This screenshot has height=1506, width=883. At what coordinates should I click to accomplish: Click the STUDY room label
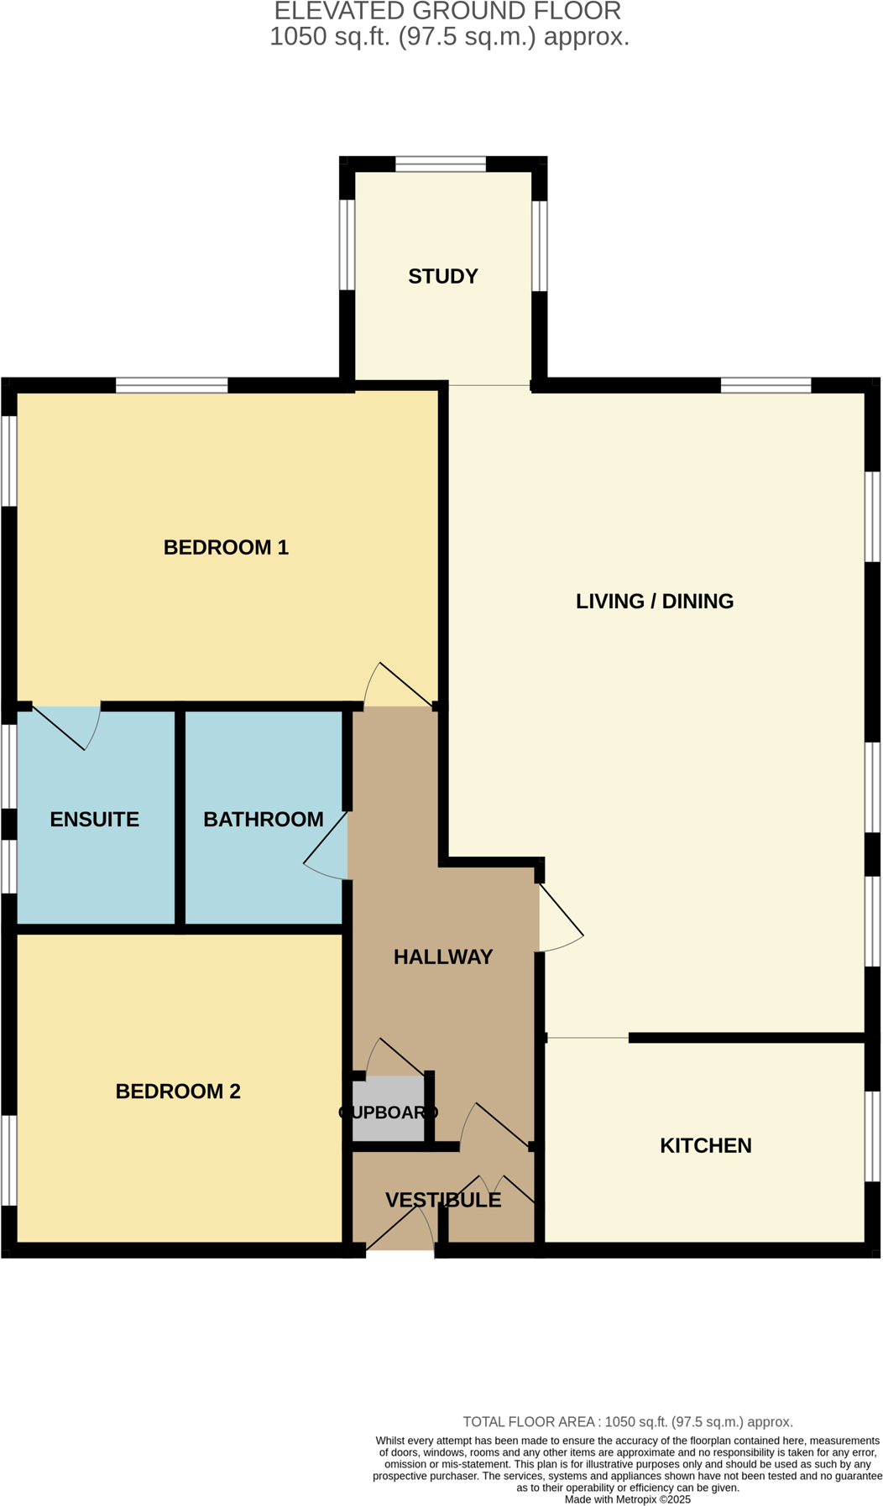pyautogui.click(x=442, y=276)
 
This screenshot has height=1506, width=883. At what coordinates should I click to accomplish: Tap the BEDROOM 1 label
pyautogui.click(x=226, y=547)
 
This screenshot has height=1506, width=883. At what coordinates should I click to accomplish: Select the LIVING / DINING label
pyautogui.click(x=654, y=601)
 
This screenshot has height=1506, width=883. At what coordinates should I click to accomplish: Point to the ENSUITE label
pyautogui.click(x=95, y=819)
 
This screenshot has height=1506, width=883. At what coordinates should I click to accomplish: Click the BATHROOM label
pyautogui.click(x=263, y=819)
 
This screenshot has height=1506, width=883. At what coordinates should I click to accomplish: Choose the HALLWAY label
pyautogui.click(x=442, y=956)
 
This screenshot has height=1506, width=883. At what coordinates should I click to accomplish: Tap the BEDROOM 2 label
pyautogui.click(x=178, y=1091)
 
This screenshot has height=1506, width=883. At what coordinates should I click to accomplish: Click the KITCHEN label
pyautogui.click(x=705, y=1145)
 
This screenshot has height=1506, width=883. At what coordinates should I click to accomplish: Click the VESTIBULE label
pyautogui.click(x=442, y=1200)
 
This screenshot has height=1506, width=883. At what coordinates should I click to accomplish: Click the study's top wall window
pyautogui.click(x=441, y=164)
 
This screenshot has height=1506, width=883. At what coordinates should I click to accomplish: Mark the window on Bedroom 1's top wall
pyautogui.click(x=171, y=385)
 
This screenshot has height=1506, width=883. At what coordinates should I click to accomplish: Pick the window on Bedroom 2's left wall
pyautogui.click(x=8, y=1159)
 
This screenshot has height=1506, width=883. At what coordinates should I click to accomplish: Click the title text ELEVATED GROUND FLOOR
pyautogui.click(x=447, y=11)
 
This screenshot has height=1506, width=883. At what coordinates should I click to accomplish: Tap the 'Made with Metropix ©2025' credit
pyautogui.click(x=627, y=1498)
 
